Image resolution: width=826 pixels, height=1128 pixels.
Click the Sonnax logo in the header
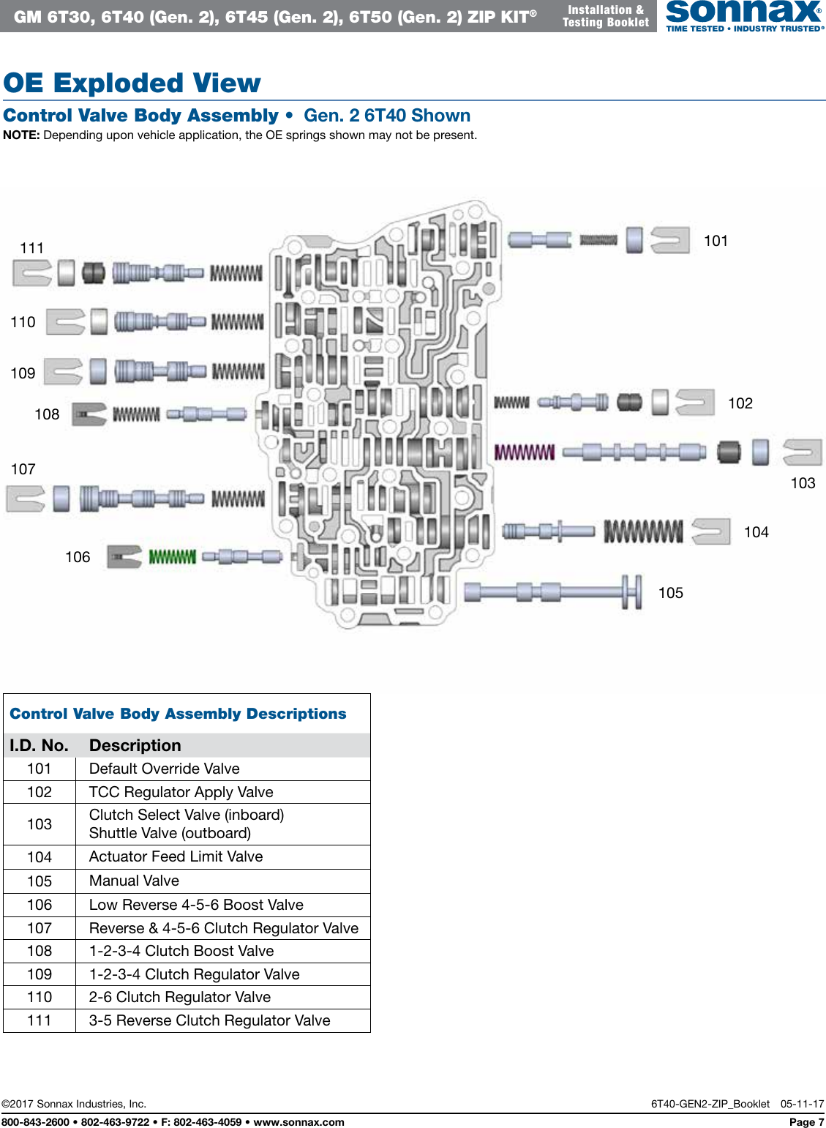743,15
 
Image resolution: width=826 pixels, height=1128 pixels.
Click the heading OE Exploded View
132,83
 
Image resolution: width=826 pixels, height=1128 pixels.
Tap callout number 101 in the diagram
716,241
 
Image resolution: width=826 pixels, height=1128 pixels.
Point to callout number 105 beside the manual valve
670,593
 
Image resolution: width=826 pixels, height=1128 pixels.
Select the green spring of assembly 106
173,557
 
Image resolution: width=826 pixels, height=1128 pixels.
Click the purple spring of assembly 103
525,452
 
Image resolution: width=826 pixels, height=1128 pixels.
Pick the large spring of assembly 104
643,531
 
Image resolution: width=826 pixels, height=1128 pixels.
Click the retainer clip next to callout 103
802,452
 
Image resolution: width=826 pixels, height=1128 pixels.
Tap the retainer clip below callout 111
32,273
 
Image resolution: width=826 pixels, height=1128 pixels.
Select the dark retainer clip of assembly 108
89,414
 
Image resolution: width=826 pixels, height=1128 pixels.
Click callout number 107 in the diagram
23,469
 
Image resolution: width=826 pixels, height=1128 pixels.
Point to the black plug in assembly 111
93,273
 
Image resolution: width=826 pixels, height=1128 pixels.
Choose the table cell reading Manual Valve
134,881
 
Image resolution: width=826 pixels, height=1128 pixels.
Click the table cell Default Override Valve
164,769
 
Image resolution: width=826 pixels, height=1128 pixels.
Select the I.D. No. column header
39,745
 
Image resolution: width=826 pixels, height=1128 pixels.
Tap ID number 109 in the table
40,974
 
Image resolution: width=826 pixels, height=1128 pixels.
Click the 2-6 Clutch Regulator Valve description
179,997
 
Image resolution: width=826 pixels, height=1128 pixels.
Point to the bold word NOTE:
21,135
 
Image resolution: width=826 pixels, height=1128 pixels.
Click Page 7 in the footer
806,1122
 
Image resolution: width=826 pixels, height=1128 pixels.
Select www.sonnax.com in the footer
299,1122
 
